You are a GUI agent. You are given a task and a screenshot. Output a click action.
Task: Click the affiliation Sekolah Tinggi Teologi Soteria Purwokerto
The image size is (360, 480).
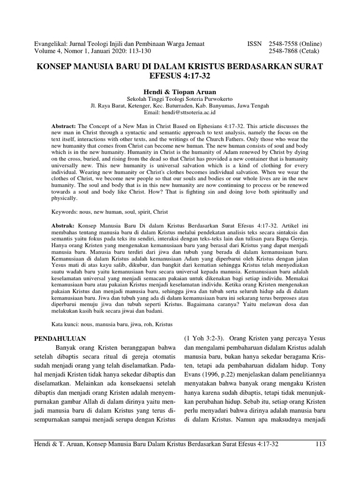tap(180, 99)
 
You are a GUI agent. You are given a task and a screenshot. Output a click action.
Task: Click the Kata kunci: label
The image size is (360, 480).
tap(65, 324)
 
